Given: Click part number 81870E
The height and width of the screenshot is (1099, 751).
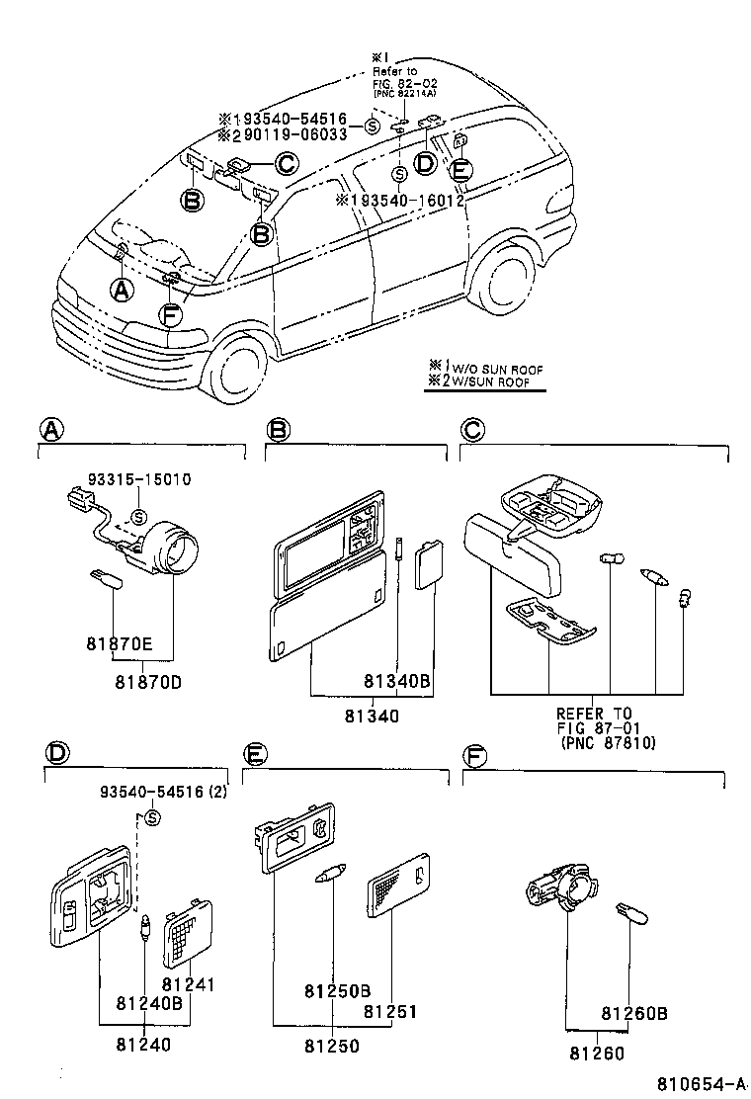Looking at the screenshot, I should click(119, 644).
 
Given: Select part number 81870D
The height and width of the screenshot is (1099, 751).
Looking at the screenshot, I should click(148, 682).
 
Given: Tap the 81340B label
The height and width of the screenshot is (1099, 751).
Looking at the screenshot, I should click(397, 681).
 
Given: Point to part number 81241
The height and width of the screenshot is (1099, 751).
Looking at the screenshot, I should click(189, 984).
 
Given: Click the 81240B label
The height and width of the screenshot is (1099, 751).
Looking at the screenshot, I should click(149, 1003).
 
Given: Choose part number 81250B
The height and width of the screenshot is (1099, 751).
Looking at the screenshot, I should click(337, 990).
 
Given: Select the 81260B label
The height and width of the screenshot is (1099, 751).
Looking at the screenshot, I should click(634, 1013).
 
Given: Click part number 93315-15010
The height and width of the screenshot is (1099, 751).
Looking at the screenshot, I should click(137, 479).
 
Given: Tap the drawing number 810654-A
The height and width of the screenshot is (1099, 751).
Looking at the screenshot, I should click(703, 1084).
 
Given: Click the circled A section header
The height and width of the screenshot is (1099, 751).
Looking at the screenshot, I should click(50, 429).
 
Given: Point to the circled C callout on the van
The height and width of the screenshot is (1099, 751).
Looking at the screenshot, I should click(286, 163).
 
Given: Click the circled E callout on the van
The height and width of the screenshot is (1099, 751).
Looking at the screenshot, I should click(459, 169).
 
